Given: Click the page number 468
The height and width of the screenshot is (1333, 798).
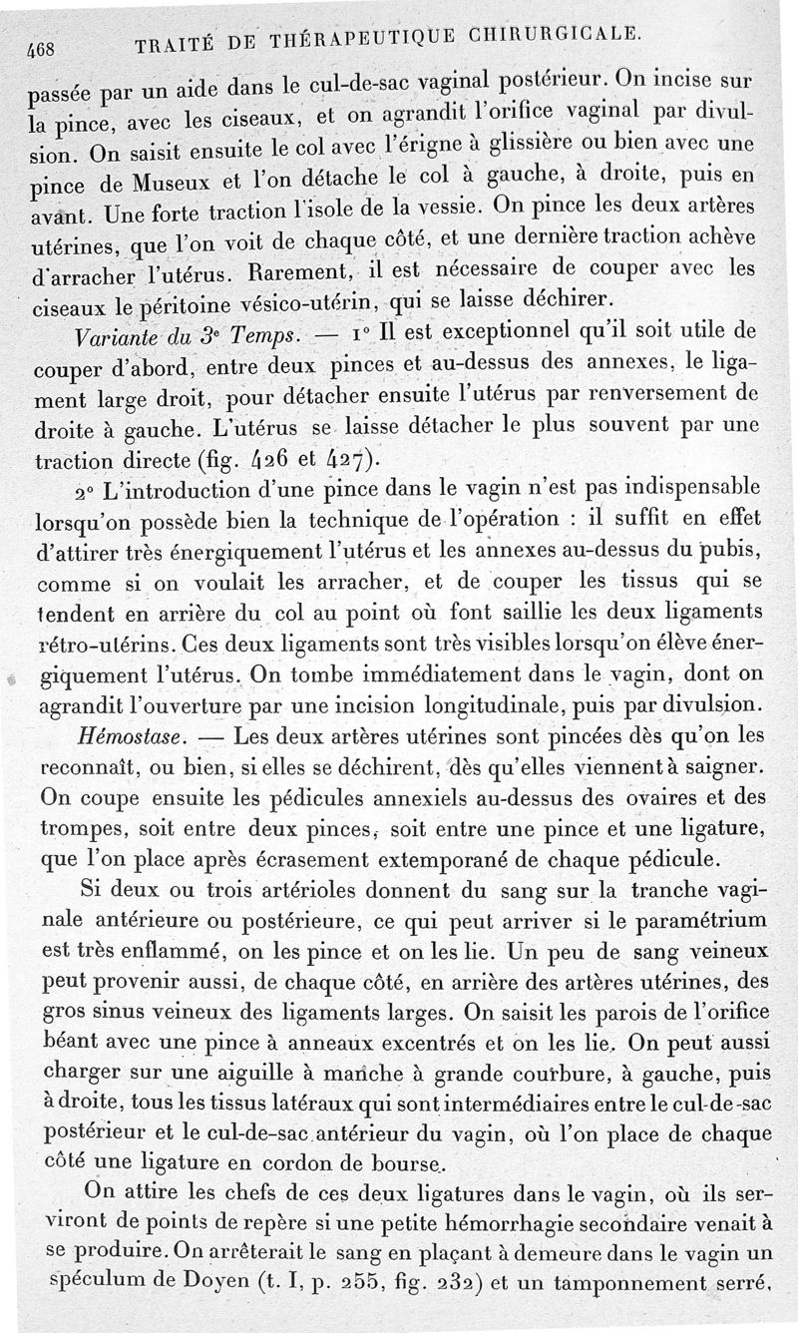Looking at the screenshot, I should coord(40,48).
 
